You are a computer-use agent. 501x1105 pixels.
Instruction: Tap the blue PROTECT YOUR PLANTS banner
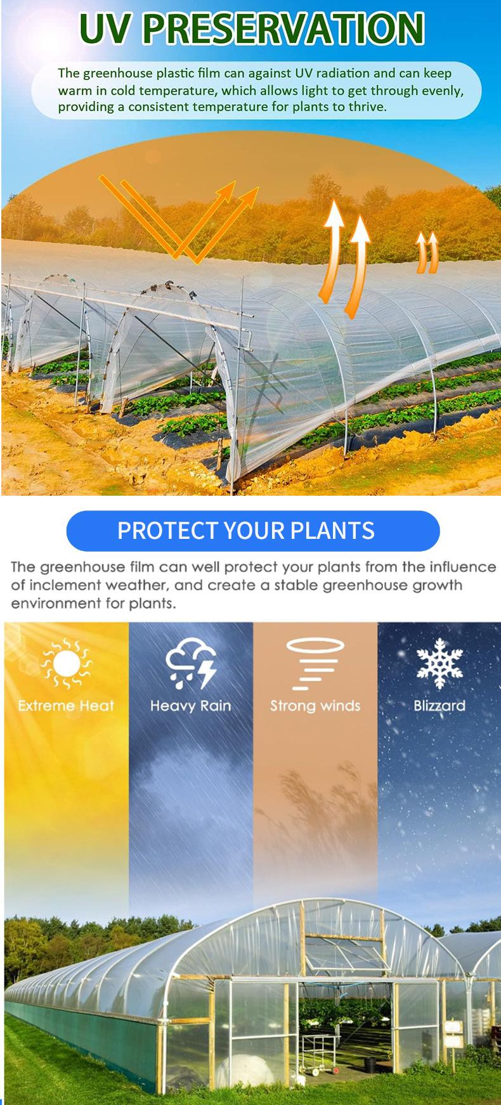253,531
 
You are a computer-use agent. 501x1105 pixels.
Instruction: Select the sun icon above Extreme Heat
66,664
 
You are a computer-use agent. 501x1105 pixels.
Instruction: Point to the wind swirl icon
315,663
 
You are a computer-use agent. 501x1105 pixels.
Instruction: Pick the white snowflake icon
439,665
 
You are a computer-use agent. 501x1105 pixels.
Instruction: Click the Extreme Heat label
66,706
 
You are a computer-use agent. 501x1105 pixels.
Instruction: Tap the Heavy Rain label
191,706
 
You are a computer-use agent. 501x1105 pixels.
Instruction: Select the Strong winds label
315,706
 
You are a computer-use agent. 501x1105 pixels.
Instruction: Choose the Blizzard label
439,706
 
